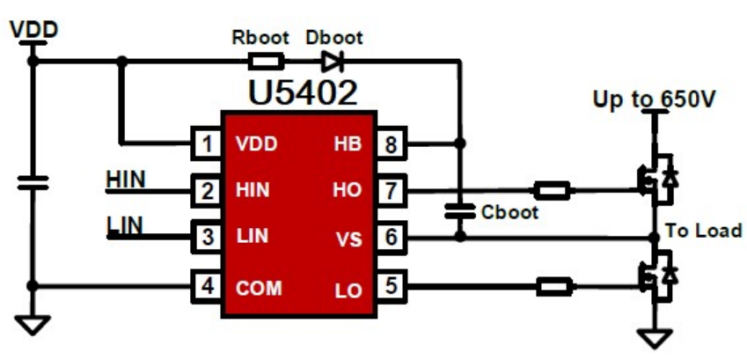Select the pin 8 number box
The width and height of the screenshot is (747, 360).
tap(390, 143)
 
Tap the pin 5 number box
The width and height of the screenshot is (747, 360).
tap(390, 286)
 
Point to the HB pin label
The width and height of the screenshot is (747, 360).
tap(348, 143)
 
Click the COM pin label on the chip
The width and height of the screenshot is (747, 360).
tap(259, 287)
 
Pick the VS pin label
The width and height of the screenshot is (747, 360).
tap(349, 239)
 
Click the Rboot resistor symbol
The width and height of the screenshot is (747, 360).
tap(266, 62)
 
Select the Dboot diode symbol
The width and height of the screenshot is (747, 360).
tap(331, 62)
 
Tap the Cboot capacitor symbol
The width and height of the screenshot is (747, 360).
tap(458, 211)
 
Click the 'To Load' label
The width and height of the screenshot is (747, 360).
tap(702, 231)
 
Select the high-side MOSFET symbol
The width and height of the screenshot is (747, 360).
tap(655, 176)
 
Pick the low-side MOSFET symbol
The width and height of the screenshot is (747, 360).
tap(655, 276)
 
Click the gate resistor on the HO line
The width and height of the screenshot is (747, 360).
tap(553, 189)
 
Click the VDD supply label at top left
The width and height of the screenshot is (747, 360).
tap(33, 29)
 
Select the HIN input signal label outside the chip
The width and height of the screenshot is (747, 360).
tap(125, 178)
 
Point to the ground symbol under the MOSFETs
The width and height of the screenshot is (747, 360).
tap(652, 337)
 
